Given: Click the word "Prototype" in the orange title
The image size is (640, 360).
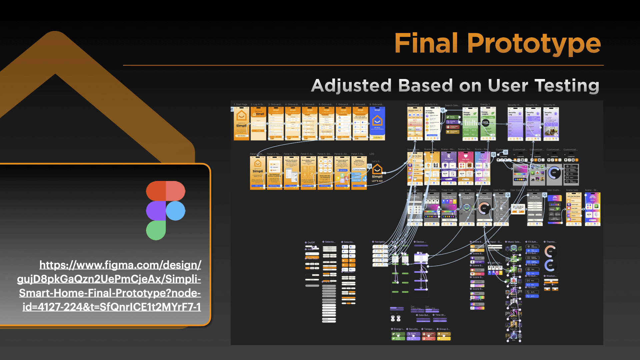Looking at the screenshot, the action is [534, 44].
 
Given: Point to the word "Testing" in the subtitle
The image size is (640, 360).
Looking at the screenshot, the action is [567, 85].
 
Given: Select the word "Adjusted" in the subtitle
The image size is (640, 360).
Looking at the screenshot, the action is [351, 85].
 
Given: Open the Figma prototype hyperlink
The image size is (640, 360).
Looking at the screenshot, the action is [110, 286].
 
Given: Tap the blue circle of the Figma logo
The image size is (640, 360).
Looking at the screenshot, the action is [175, 211].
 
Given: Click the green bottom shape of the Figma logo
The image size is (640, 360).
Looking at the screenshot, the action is [156, 230].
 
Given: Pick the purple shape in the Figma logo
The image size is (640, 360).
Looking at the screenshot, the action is [156, 211].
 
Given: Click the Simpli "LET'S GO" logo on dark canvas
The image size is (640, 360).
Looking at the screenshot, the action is [377, 173].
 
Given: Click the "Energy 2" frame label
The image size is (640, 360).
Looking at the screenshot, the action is [485, 105].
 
